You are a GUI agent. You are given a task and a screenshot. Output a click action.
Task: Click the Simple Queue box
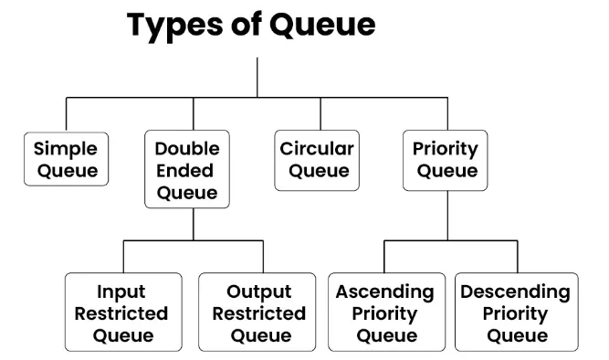(65, 159)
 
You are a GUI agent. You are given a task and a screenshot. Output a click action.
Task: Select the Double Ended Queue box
(186, 170)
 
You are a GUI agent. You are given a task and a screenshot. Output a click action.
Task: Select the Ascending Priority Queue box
(385, 312)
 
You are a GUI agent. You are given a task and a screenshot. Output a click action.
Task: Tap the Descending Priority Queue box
(516, 312)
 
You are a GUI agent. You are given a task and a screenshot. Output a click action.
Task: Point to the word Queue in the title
(322, 25)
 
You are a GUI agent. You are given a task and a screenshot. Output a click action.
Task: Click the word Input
(121, 292)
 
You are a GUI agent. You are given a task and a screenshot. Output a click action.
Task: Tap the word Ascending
(385, 292)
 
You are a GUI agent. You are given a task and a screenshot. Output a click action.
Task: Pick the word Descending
(516, 292)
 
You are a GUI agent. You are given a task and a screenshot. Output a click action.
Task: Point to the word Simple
(65, 148)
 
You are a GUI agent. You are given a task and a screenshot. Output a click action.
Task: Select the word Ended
(186, 170)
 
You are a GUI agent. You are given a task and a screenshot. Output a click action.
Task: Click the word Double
(186, 148)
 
